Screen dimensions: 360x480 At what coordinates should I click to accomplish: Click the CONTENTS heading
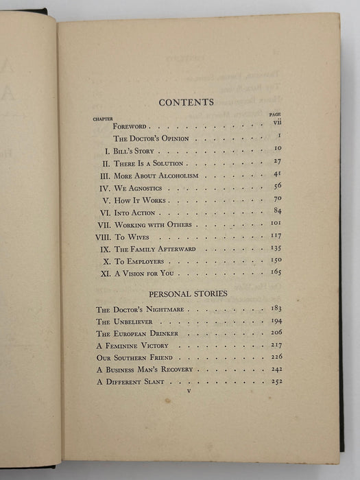tap(186, 103)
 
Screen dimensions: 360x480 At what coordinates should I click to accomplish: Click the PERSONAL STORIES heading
tap(187, 293)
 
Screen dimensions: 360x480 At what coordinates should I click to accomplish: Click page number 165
tap(276, 273)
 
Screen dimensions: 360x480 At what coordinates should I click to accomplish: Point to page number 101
tap(276, 224)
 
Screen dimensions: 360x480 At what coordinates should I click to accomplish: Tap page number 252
tap(276, 381)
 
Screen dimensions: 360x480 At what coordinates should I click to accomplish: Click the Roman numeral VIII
tap(104, 237)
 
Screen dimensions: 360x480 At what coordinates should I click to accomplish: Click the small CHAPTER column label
tap(104, 119)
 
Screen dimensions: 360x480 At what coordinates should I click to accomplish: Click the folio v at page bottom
tap(187, 394)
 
